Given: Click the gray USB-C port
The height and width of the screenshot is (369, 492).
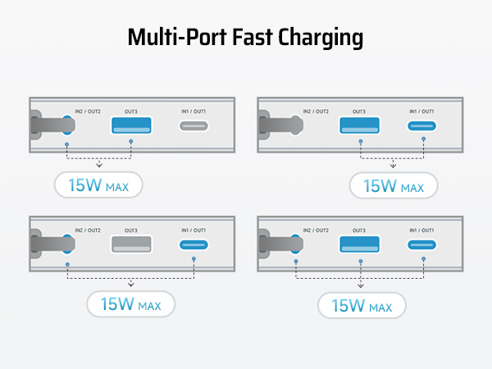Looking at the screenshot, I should (195, 126).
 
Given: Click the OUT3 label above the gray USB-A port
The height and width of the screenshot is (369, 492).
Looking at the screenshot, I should (131, 230).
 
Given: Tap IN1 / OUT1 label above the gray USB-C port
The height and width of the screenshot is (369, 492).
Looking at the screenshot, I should (195, 112).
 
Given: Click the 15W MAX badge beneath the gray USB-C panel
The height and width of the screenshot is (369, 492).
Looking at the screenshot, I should (98, 184).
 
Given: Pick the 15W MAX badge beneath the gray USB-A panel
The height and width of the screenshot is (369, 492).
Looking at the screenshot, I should (130, 305).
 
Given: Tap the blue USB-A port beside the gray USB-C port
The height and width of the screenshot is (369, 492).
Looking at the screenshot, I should (131, 126).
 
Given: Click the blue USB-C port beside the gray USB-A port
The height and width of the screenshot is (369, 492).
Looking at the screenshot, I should (195, 245).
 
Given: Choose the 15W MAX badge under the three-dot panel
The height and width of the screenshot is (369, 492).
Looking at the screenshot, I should (361, 305).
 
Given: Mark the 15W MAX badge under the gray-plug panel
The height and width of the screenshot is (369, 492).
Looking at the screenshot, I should (393, 186).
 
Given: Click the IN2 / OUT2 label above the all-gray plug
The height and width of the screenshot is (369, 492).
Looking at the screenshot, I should (316, 112).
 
